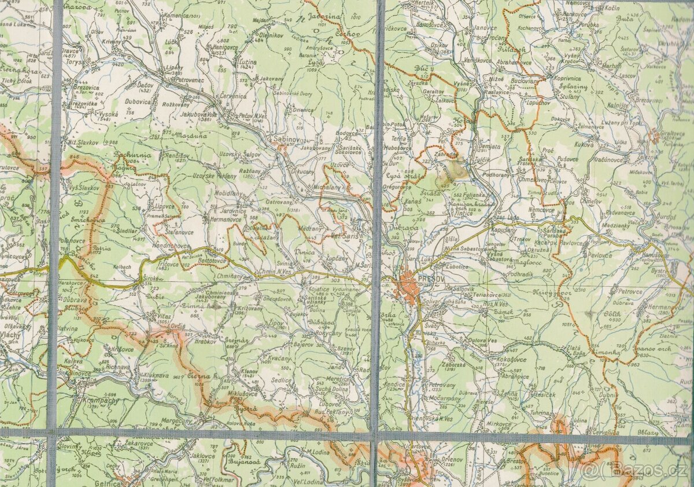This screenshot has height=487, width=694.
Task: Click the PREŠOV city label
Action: [x=431, y=279]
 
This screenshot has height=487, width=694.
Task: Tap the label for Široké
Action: [x=152, y=279]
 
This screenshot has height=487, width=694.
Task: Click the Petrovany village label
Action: [x=442, y=385]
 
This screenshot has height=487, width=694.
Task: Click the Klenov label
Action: [x=249, y=370]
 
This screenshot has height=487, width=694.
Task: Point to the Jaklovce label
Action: [x=202, y=455]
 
